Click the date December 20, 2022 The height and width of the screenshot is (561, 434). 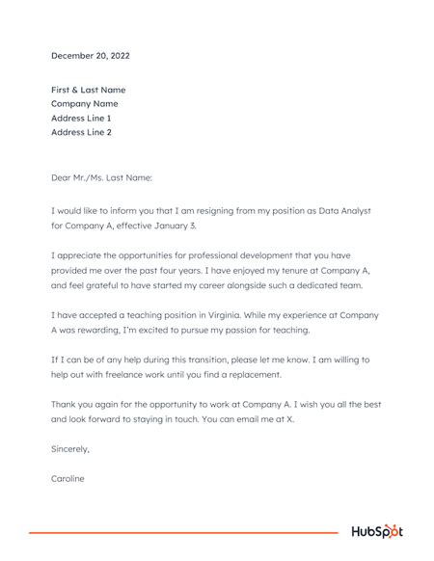[x=90, y=56]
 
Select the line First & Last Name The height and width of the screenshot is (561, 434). [x=88, y=90]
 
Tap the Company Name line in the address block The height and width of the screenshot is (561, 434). [x=84, y=103]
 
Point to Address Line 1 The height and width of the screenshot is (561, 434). [x=81, y=118]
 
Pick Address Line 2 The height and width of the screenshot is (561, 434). [x=81, y=132]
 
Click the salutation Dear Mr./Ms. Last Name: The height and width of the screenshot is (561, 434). [x=101, y=177]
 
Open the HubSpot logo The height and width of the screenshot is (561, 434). [x=376, y=532]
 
